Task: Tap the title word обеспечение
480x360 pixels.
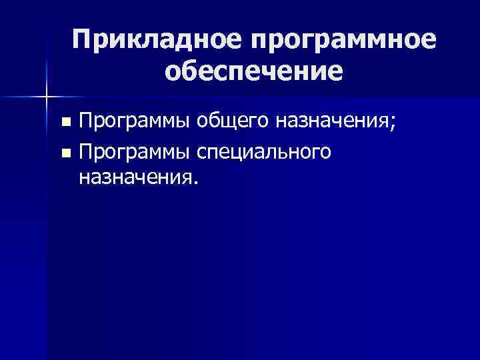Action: click(x=255, y=70)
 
